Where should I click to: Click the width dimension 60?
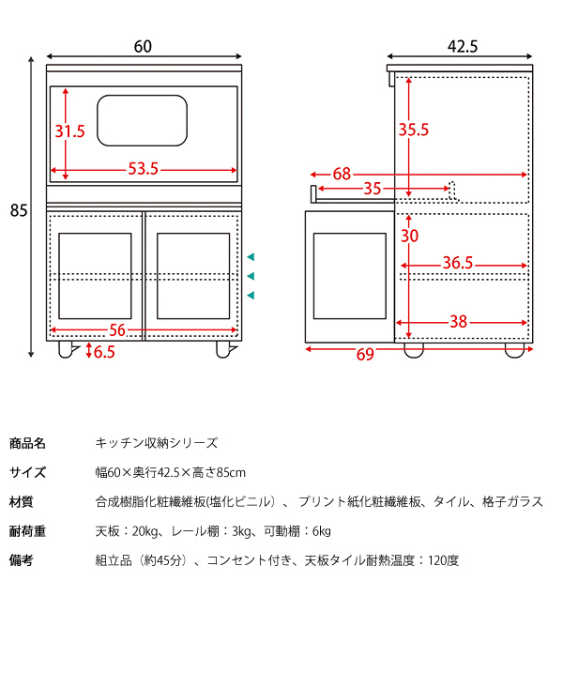(143, 46)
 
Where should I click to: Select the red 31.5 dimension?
(69, 131)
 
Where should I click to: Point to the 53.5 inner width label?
(143, 170)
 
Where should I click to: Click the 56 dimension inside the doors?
(117, 329)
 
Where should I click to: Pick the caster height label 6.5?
(104, 352)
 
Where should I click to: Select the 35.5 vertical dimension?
(413, 130)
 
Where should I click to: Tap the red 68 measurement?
(342, 174)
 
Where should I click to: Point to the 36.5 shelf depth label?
(457, 264)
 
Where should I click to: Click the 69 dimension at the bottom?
(365, 353)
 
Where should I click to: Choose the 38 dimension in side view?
(458, 322)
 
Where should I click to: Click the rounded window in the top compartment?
(144, 121)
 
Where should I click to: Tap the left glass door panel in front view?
(95, 275)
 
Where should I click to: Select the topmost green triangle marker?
(251, 256)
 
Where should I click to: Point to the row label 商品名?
(27, 443)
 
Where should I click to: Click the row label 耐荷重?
(27, 531)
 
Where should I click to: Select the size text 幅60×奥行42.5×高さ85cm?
(171, 472)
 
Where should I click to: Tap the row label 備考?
(22, 560)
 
